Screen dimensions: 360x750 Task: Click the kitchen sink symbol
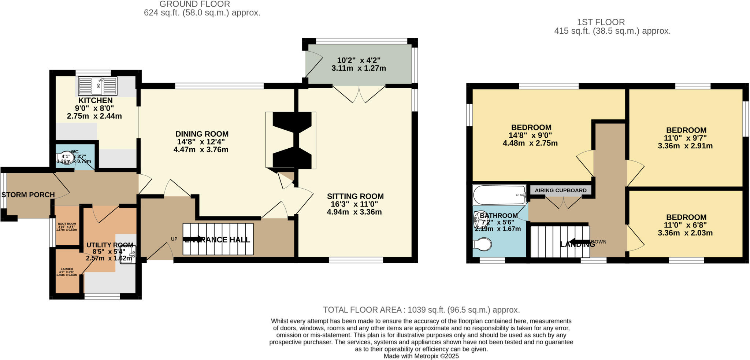[98, 86]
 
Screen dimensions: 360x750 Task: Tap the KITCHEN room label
[96, 100]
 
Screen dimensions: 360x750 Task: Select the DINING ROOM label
[202, 134]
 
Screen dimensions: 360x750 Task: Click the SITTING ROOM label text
[355, 196]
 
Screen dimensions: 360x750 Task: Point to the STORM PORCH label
[28, 195]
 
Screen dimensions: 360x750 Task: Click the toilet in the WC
[66, 158]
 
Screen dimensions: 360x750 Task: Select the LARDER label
[67, 269]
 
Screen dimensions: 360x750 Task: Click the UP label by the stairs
[174, 239]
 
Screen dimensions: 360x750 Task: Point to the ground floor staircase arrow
[196, 239]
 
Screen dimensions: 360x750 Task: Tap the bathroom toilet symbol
[482, 244]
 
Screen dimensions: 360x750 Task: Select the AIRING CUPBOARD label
[560, 190]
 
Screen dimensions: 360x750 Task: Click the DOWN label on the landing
[599, 242]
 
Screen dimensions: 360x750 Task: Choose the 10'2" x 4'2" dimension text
[356, 60]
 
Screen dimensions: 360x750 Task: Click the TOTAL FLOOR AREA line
[422, 310]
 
